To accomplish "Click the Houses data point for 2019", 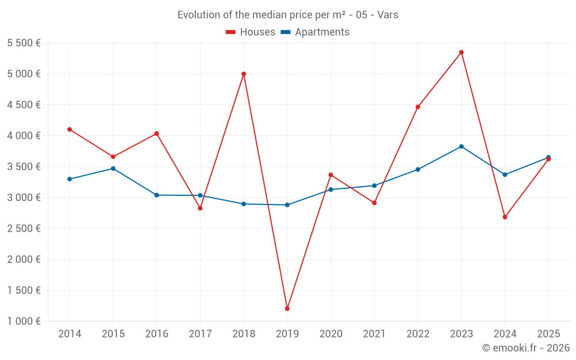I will coord(287,309).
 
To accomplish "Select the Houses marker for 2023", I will coord(461,52).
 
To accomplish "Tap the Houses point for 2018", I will coord(244,74).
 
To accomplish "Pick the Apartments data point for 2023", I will coord(461,146).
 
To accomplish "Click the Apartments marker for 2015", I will coord(113,169).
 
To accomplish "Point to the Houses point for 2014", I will coord(69,130).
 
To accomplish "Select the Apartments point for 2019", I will coord(287,205).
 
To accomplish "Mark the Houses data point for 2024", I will coord(505,217).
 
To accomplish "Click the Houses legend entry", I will coord(251,32).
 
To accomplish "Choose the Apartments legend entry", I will coord(315,32).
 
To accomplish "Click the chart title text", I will coord(287,15).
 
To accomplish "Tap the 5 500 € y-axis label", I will coord(24,43).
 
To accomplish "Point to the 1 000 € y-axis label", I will coord(24,321).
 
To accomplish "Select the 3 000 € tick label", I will coord(24,198).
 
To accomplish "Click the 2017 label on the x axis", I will coord(200,334).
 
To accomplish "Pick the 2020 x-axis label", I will coord(331,334).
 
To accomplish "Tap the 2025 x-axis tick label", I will coord(548,334).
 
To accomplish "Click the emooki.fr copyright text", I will coord(525,348).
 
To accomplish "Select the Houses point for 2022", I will coord(418,107).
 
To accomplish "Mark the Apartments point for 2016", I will coord(157,195).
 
